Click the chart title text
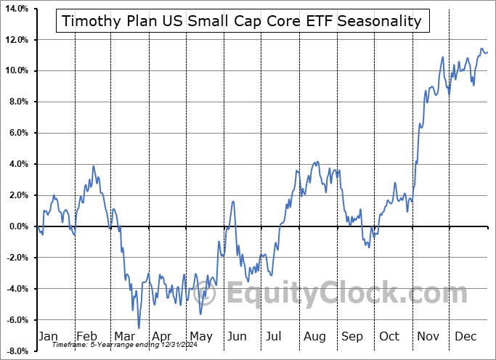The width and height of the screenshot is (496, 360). click(x=242, y=21)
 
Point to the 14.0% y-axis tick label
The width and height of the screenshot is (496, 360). click(x=16, y=9)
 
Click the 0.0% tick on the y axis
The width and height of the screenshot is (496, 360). click(x=17, y=226)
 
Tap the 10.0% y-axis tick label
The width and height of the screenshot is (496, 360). click(x=16, y=70)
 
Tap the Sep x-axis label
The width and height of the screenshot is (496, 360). click(x=352, y=336)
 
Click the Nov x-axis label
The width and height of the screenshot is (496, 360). click(x=428, y=336)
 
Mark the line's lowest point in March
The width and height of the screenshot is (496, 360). click(x=139, y=328)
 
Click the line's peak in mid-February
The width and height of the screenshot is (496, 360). click(x=94, y=166)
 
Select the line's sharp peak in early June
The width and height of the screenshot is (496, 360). click(x=233, y=201)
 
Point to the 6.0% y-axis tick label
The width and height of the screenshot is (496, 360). click(x=17, y=133)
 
